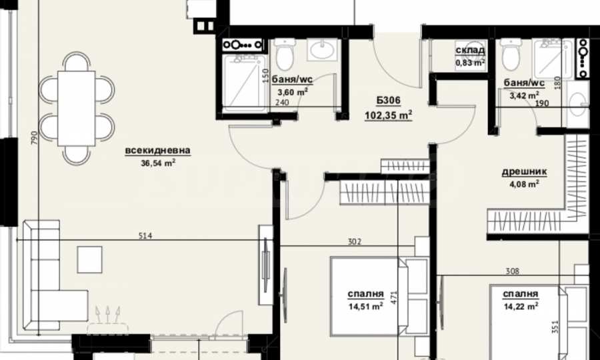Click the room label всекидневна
[x=157, y=151]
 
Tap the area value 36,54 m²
[x=157, y=162]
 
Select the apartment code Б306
[x=388, y=101]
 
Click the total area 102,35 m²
[x=388, y=114]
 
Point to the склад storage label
[x=470, y=51]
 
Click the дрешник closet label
[x=524, y=172]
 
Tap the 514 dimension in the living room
[x=146, y=235]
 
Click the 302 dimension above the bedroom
[x=355, y=241]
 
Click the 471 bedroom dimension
[x=394, y=297]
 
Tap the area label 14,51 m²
[x=365, y=307]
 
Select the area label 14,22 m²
[x=521, y=305]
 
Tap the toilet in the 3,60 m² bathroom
[x=284, y=55]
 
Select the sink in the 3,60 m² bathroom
[x=325, y=51]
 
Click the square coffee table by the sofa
[x=89, y=259]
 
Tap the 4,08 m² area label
[x=524, y=185]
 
